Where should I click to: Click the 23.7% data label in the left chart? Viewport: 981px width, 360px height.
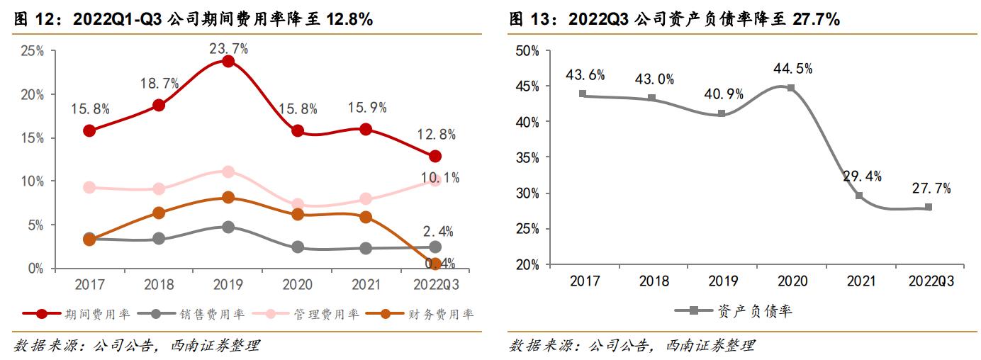point(228,48)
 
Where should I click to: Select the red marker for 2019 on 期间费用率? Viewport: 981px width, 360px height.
point(228,62)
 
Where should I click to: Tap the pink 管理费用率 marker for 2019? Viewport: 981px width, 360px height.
point(228,171)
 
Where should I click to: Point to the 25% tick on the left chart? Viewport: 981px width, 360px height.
point(33,51)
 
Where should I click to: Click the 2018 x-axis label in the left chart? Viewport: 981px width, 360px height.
point(159,285)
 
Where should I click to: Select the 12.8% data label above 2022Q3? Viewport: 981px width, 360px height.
point(436,135)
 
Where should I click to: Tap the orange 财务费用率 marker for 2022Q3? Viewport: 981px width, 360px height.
point(435,264)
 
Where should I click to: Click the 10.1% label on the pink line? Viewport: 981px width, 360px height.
point(439,178)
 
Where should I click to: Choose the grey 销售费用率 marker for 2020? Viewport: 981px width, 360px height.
point(298,247)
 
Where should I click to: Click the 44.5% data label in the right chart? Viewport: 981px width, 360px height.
point(792,69)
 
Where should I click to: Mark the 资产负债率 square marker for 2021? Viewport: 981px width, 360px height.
point(859,196)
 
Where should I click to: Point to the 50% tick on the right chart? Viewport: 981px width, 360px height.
point(528,51)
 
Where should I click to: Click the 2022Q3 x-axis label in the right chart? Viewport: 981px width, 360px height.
point(931,281)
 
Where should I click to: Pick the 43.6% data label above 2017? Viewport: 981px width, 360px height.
point(585,75)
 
